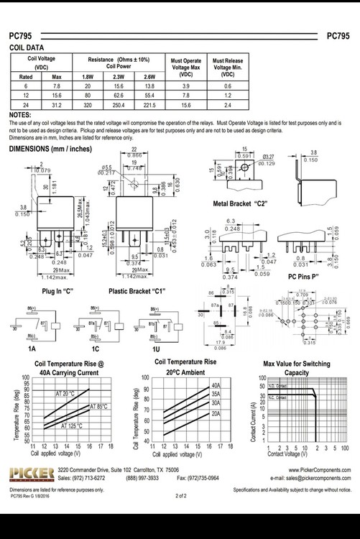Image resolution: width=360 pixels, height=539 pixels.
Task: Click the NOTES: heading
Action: [19, 115]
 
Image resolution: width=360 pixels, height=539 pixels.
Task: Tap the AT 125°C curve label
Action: [70, 426]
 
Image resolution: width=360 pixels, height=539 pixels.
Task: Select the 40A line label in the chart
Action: [216, 386]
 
